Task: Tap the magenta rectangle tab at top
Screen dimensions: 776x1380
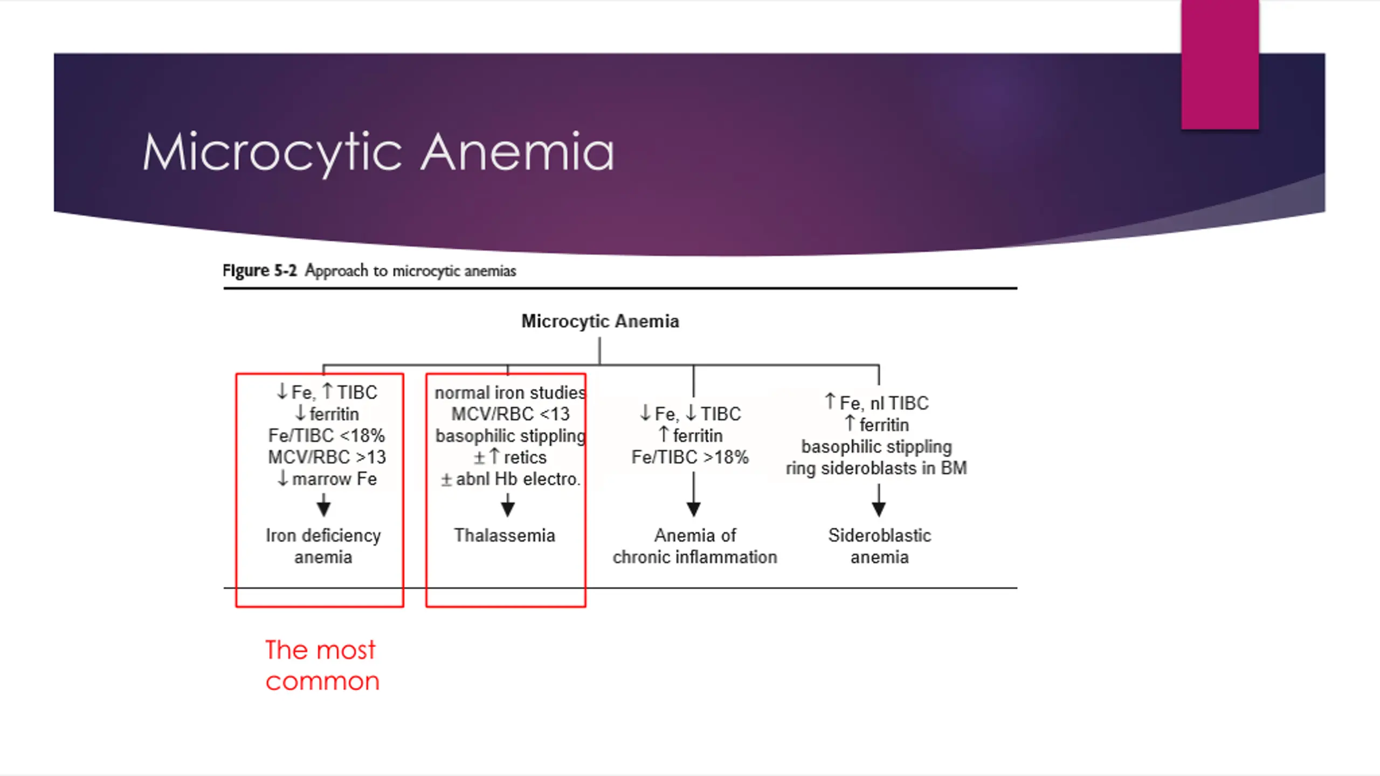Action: coord(1220,65)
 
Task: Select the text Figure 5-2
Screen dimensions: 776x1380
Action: coord(259,271)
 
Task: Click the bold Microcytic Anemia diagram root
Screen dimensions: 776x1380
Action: coord(600,321)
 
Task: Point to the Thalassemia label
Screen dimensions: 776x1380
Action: coord(505,536)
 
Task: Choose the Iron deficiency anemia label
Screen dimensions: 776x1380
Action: coord(323,546)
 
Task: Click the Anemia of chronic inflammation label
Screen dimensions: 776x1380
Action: coord(695,546)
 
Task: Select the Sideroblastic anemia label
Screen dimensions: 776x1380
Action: coord(880,546)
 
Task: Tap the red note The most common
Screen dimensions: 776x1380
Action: coord(322,666)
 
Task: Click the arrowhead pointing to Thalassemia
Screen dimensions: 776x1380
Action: coord(508,508)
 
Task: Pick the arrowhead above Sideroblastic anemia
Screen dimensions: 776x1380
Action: coord(879,508)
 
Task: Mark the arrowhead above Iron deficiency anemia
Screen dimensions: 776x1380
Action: coord(323,508)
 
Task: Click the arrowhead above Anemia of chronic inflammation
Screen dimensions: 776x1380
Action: coord(694,508)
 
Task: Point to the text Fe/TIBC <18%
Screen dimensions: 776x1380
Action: coord(327,435)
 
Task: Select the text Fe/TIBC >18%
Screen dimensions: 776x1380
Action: coord(690,457)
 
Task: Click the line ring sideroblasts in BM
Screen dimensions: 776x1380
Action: coord(877,468)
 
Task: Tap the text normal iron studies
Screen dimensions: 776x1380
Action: coord(510,392)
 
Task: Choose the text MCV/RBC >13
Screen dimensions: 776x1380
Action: coord(327,457)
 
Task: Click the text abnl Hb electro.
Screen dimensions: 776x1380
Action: coord(517,479)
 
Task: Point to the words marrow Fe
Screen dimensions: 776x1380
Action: coord(334,479)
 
